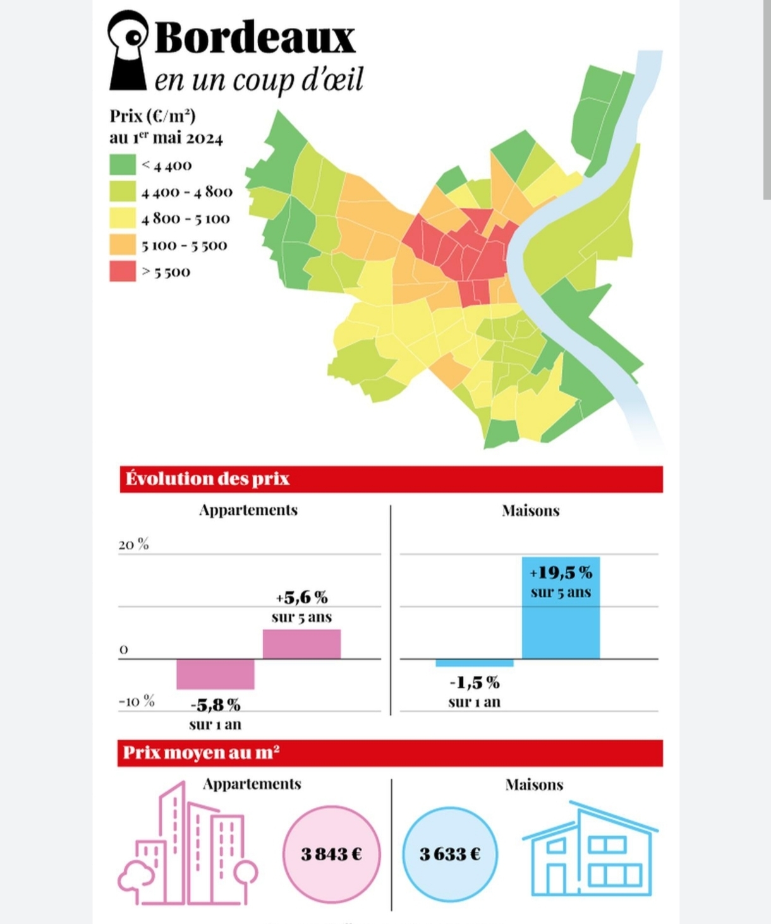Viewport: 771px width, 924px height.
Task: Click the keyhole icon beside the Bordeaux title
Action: click(x=129, y=50)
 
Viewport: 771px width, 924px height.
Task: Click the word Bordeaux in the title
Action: click(x=255, y=37)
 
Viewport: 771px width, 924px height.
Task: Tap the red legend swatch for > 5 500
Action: click(x=123, y=272)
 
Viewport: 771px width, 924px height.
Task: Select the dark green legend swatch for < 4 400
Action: click(x=123, y=165)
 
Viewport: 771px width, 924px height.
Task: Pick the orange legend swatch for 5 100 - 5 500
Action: click(x=123, y=244)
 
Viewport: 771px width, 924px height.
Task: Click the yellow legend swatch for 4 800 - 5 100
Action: click(x=123, y=218)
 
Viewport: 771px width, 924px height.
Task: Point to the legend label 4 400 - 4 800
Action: click(x=186, y=192)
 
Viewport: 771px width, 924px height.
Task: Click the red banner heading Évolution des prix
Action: click(x=391, y=479)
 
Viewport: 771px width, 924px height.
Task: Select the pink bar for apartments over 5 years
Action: click(x=301, y=644)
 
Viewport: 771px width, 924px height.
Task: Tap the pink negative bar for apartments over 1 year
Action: click(x=215, y=674)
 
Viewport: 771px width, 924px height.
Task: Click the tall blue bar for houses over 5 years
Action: click(x=561, y=622)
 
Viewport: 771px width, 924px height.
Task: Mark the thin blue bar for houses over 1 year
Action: click(x=474, y=663)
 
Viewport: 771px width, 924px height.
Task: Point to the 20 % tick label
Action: click(x=133, y=544)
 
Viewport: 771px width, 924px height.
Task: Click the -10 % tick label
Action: click(x=137, y=701)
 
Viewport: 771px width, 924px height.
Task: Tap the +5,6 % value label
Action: click(x=301, y=597)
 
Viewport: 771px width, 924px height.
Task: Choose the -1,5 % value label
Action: click(x=475, y=683)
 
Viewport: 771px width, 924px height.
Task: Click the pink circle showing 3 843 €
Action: click(x=331, y=854)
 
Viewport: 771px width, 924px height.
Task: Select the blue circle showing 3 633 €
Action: click(x=450, y=854)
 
